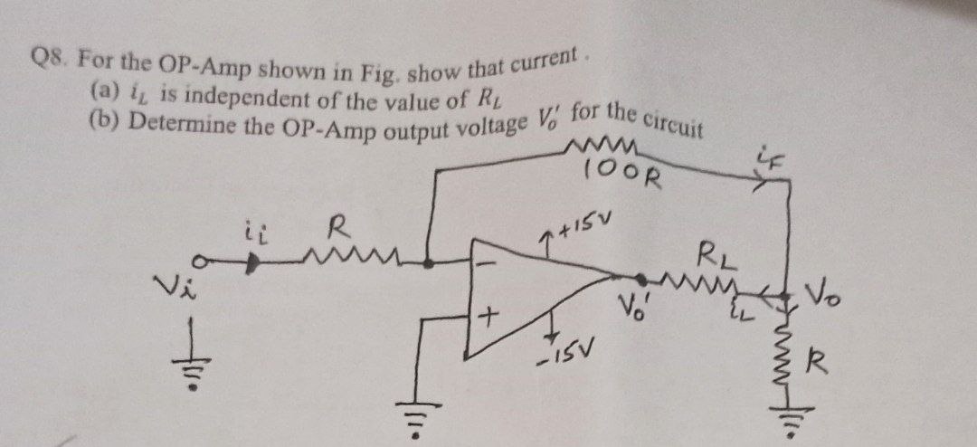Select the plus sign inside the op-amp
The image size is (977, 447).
pos(488,318)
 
